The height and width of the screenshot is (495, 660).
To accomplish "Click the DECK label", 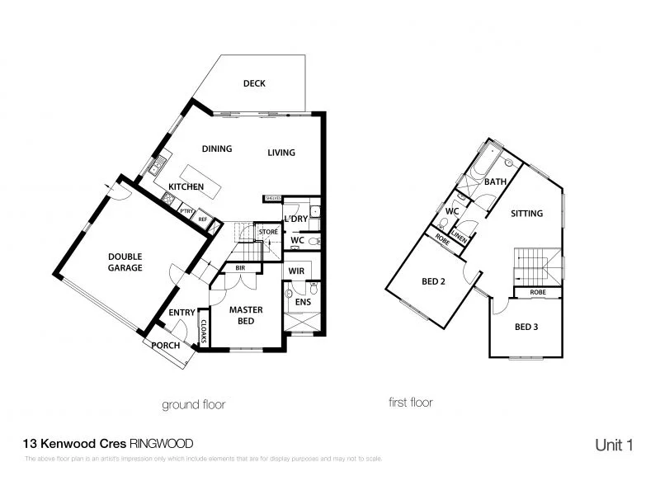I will tap(253, 83).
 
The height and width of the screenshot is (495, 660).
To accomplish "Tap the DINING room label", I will tap(217, 149).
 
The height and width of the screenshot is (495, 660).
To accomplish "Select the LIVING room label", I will tap(281, 153).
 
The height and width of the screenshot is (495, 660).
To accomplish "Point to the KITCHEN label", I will tap(186, 187).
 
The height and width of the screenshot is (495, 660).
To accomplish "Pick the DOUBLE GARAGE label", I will tap(125, 262).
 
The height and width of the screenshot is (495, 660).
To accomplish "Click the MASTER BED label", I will tap(245, 315).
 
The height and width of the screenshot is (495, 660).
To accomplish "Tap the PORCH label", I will tap(165, 346).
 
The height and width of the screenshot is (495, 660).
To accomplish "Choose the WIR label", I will tap(296, 271).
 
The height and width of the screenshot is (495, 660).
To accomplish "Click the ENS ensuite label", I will tap(301, 302).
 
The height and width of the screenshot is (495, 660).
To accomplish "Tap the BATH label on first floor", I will tap(495, 181).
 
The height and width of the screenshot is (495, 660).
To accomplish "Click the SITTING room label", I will tap(526, 214).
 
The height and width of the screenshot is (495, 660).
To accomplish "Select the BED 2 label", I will tap(433, 281).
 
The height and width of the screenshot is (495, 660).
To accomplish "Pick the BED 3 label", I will tap(526, 327).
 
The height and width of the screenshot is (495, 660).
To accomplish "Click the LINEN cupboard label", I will tap(460, 240).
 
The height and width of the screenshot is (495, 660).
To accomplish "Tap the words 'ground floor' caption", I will tap(195, 404).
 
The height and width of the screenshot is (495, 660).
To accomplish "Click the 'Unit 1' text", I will tap(614, 445).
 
